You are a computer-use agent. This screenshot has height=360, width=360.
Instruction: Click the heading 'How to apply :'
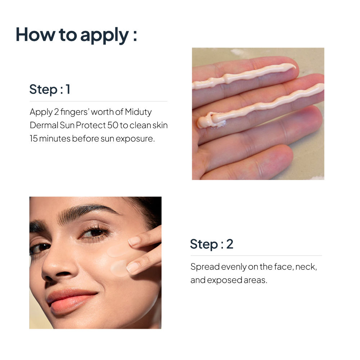76,35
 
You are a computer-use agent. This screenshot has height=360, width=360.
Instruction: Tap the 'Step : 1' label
50,89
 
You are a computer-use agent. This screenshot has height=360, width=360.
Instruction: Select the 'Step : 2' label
212,244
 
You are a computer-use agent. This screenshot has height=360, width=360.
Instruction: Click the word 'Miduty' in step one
138,112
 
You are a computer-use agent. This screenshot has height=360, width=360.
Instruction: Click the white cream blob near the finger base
221,123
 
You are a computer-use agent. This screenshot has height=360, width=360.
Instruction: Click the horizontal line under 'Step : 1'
98,101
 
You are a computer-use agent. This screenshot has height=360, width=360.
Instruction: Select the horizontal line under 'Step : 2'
256,256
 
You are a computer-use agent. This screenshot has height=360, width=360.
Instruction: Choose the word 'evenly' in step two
234,267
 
